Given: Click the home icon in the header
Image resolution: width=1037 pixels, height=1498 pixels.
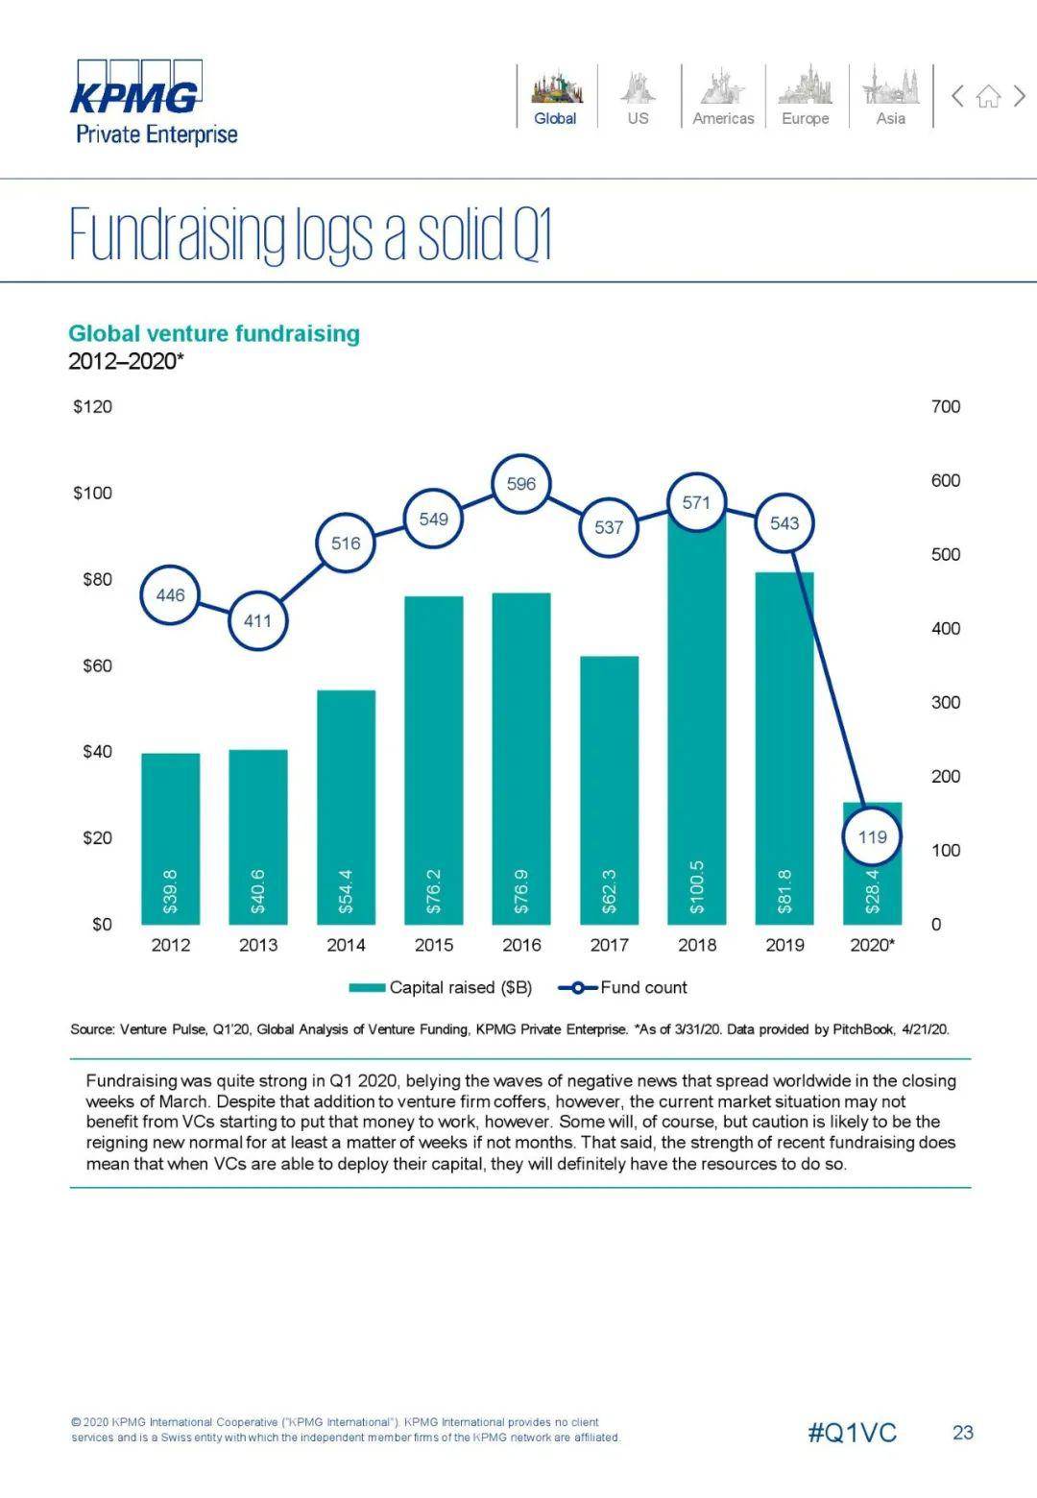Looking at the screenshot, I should coord(988,96).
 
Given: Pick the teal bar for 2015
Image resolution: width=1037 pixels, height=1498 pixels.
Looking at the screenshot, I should coord(434,759).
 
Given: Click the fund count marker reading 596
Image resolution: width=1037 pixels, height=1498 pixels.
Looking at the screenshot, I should coord(521,484).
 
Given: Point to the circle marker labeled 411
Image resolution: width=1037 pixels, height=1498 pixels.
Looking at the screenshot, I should coord(257,620).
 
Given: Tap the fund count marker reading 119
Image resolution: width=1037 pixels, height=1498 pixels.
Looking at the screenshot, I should coord(872,836).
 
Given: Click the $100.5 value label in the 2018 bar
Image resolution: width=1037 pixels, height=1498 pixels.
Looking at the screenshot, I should coord(697,885).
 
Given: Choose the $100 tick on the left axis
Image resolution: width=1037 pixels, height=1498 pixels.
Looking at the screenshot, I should coord(92,493).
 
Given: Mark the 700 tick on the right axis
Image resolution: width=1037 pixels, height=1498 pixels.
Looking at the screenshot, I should coord(946,406).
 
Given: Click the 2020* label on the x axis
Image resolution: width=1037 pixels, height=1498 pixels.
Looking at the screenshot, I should coord(872,945).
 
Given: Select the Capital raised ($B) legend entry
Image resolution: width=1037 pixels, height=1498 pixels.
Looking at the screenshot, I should coord(441,987).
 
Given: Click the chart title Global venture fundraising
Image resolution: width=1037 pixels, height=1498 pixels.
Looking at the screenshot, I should coord(214,333).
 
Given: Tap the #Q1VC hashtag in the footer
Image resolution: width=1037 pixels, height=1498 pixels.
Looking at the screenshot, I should coord(852,1433).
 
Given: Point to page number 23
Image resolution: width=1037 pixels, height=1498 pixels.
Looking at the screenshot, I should coord(963,1433).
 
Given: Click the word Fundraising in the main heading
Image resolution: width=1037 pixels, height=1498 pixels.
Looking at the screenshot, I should coord(178,234).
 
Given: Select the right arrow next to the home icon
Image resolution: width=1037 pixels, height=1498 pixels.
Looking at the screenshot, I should coord(1020,96).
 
